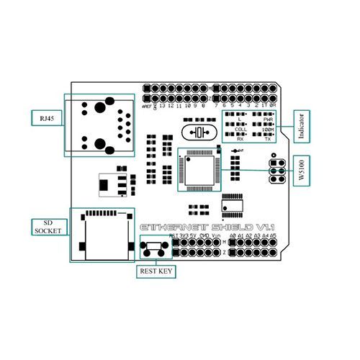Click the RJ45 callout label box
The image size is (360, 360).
tap(45, 117)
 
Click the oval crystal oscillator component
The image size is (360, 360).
tap(199, 132)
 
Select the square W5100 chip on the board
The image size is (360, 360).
tap(199, 168)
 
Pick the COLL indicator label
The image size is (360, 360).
tap(240, 130)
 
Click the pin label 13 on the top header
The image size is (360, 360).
tap(161, 105)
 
